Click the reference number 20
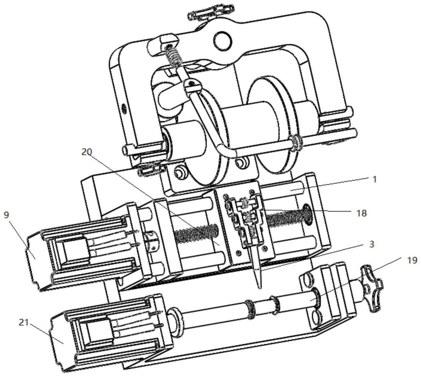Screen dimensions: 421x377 click(87, 152)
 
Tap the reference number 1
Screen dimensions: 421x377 click(375, 179)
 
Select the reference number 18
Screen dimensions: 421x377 click(361, 213)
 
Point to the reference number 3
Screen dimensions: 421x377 click(372, 244)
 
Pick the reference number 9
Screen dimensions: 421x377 click(6, 215)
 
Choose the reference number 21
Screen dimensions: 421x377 click(24, 322)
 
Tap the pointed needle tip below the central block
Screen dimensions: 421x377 click(259, 288)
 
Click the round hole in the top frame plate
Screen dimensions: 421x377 click(223, 41)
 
